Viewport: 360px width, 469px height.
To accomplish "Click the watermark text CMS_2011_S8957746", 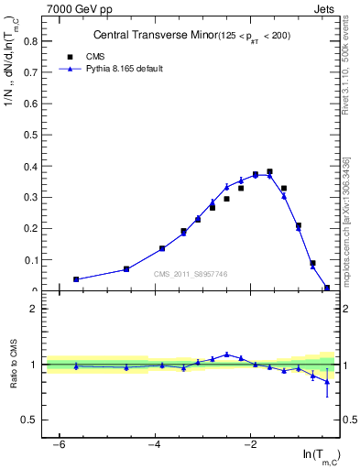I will pyautogui.click(x=190, y=274).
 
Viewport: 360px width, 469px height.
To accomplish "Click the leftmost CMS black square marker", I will pyautogui.click(x=76, y=279).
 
